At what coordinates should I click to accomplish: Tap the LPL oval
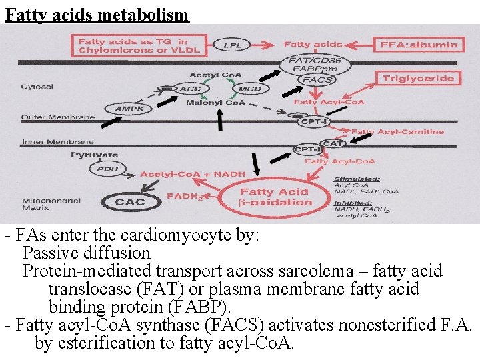click(x=233, y=45)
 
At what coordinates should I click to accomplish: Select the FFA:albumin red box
click(x=419, y=45)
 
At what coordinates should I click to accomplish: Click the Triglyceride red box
click(x=418, y=79)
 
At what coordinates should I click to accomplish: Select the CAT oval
click(x=333, y=143)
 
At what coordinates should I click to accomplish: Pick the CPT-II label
click(x=308, y=150)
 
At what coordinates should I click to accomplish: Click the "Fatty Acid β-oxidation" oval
click(x=275, y=197)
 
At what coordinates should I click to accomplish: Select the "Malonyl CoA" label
click(x=216, y=103)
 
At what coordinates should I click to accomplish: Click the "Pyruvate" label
click(x=95, y=155)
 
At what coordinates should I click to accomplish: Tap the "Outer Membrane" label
click(x=58, y=117)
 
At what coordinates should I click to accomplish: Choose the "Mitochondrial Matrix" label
click(x=51, y=204)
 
